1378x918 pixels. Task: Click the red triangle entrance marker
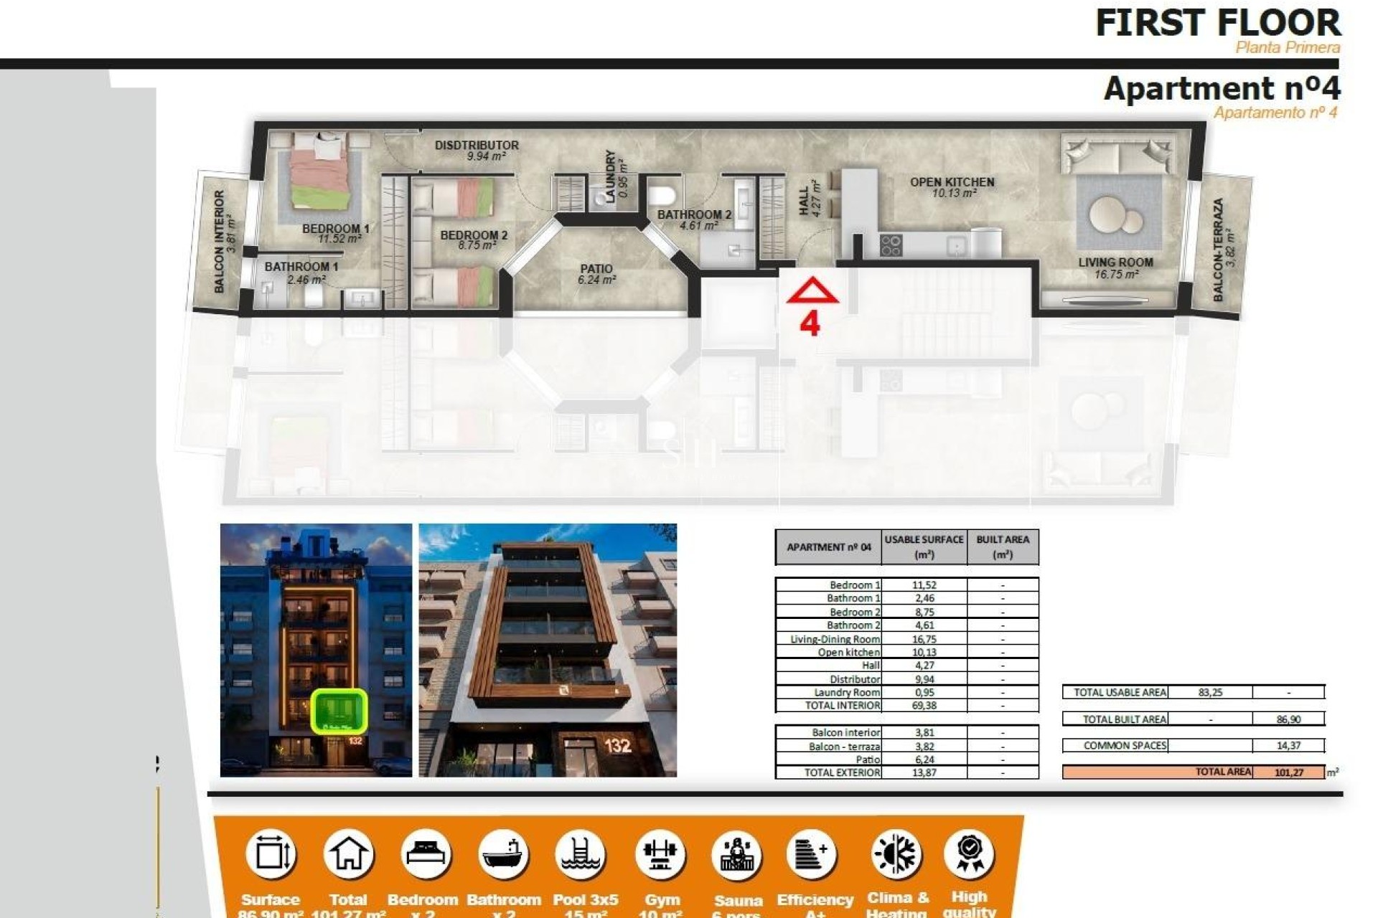812,291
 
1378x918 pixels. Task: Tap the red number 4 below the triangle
810,324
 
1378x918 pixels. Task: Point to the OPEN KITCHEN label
952,182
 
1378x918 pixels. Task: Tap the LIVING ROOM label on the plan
1115,262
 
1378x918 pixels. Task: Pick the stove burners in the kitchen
891,245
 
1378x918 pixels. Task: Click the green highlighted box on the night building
339,711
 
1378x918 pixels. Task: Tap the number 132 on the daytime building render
617,746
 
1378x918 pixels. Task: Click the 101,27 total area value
1289,772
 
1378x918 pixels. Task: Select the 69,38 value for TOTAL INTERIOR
924,706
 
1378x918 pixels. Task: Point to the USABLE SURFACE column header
924,546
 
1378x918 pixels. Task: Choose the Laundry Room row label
846,693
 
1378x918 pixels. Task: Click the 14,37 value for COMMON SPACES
1288,746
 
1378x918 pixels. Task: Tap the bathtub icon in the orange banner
502,854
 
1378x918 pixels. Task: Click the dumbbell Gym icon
660,854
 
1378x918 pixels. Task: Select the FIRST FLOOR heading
1217,23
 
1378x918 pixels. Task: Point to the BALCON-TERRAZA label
1218,249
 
